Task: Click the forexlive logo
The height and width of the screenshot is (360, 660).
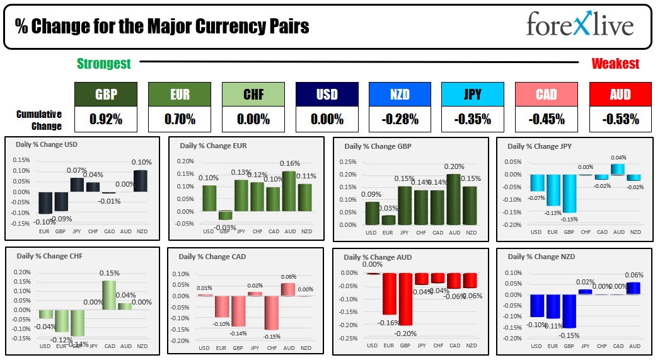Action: (x=579, y=25)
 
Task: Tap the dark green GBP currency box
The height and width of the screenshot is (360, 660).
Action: (x=105, y=95)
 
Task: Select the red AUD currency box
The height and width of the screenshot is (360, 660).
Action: (x=620, y=95)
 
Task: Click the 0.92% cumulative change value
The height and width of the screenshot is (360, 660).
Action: (x=105, y=119)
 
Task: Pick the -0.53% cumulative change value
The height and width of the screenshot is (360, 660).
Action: (x=620, y=119)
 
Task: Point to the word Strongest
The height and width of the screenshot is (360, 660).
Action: (x=104, y=64)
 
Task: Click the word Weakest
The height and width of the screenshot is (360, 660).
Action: (x=615, y=64)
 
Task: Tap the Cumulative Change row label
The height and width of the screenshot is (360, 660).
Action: (x=39, y=120)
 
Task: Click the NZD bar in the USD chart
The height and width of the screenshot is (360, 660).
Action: (x=140, y=181)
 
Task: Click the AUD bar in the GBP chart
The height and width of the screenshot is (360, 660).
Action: (x=453, y=199)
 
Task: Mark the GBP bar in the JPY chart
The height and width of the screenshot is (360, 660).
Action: (x=569, y=193)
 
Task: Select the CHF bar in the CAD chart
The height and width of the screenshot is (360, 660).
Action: (x=272, y=312)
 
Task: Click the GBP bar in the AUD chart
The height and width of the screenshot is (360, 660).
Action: (x=405, y=298)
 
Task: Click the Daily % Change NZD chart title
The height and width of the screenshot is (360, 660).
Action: (x=533, y=257)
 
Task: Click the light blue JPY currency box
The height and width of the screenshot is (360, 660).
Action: (x=473, y=95)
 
